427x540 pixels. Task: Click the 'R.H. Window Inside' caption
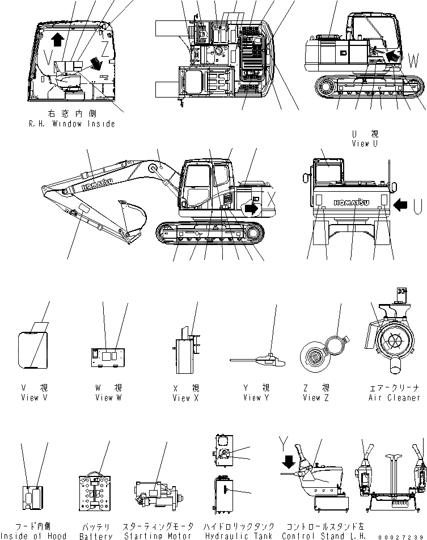point(71,124)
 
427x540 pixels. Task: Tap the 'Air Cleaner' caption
point(395,398)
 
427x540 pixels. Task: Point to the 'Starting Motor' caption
point(158,535)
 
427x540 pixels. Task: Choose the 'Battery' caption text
point(96,535)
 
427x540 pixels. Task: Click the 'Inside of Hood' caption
point(33,535)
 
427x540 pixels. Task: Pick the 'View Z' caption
point(312,398)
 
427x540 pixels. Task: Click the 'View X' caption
point(185,398)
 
